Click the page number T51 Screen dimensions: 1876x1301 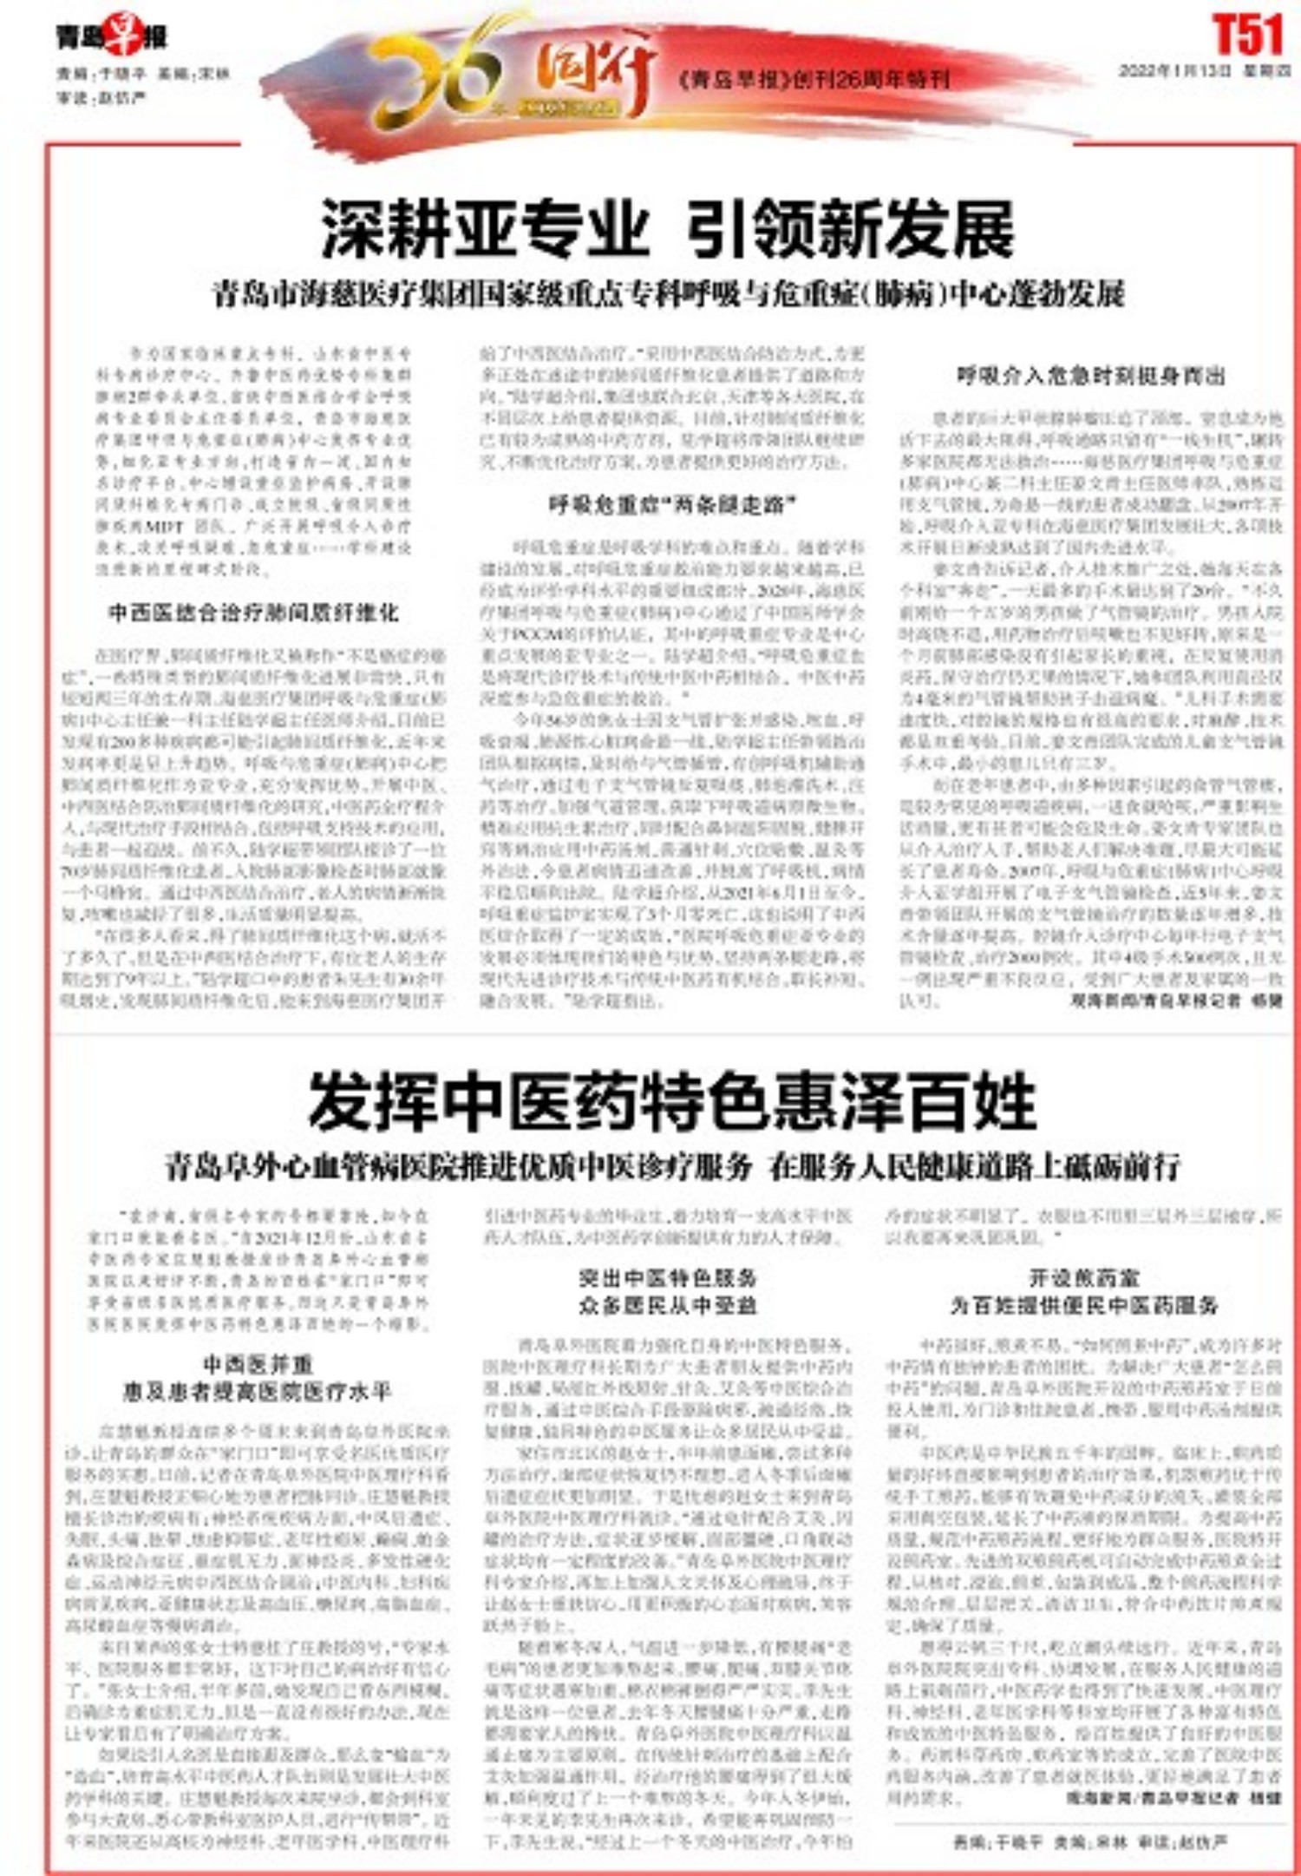(1246, 36)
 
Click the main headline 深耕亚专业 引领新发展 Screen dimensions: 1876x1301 (668, 229)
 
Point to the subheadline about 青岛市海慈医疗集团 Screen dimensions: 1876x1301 (669, 294)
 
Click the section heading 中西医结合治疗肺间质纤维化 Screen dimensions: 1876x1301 (253, 613)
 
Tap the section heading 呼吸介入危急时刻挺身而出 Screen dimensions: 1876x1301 (1091, 376)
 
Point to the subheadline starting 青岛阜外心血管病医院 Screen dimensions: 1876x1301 (672, 1167)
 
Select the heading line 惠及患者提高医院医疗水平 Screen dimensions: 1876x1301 (258, 1392)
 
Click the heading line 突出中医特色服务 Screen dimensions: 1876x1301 (668, 1277)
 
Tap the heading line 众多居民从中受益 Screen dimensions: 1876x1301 (668, 1305)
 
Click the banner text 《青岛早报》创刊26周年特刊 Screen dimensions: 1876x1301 (814, 81)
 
